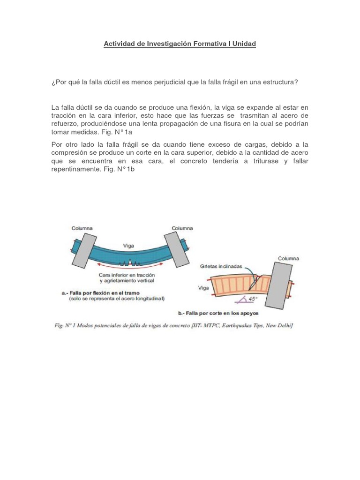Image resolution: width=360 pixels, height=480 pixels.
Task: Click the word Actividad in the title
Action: pyautogui.click(x=119, y=44)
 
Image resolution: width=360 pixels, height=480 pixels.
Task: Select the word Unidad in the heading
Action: pyautogui.click(x=244, y=44)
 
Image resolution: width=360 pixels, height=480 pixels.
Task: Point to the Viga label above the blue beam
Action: pyautogui.click(x=129, y=245)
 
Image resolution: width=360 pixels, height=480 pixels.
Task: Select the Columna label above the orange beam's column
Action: pyautogui.click(x=288, y=258)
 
